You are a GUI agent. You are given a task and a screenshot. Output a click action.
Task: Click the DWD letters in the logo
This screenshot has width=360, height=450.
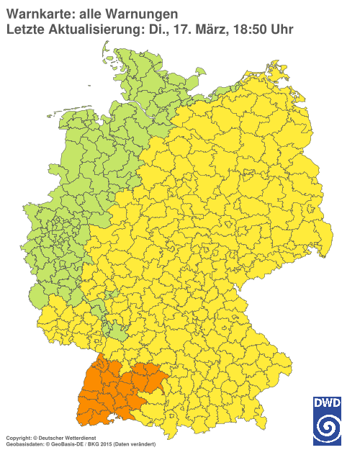pos(326,404)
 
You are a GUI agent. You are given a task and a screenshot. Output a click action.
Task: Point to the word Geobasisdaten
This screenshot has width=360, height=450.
pos(20,444)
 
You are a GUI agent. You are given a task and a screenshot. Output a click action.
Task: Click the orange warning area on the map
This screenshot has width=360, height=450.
pos(101,392)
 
